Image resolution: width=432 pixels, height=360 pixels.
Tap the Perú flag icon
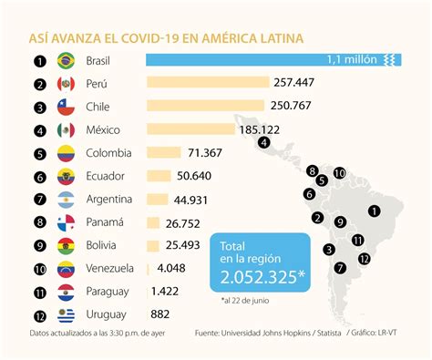tap(66, 84)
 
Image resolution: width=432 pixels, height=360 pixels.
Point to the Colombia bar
tap(163, 153)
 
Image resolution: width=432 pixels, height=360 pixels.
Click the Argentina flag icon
tap(66, 200)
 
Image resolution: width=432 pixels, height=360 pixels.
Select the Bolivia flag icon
tap(66, 246)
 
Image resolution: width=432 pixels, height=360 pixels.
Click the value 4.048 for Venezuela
tap(172, 268)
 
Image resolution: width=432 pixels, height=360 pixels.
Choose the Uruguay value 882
tap(161, 314)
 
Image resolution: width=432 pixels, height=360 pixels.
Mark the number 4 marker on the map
tap(264, 142)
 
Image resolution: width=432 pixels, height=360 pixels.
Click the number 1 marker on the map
tap(374, 211)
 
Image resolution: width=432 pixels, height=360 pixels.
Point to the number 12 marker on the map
tap(365, 258)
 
